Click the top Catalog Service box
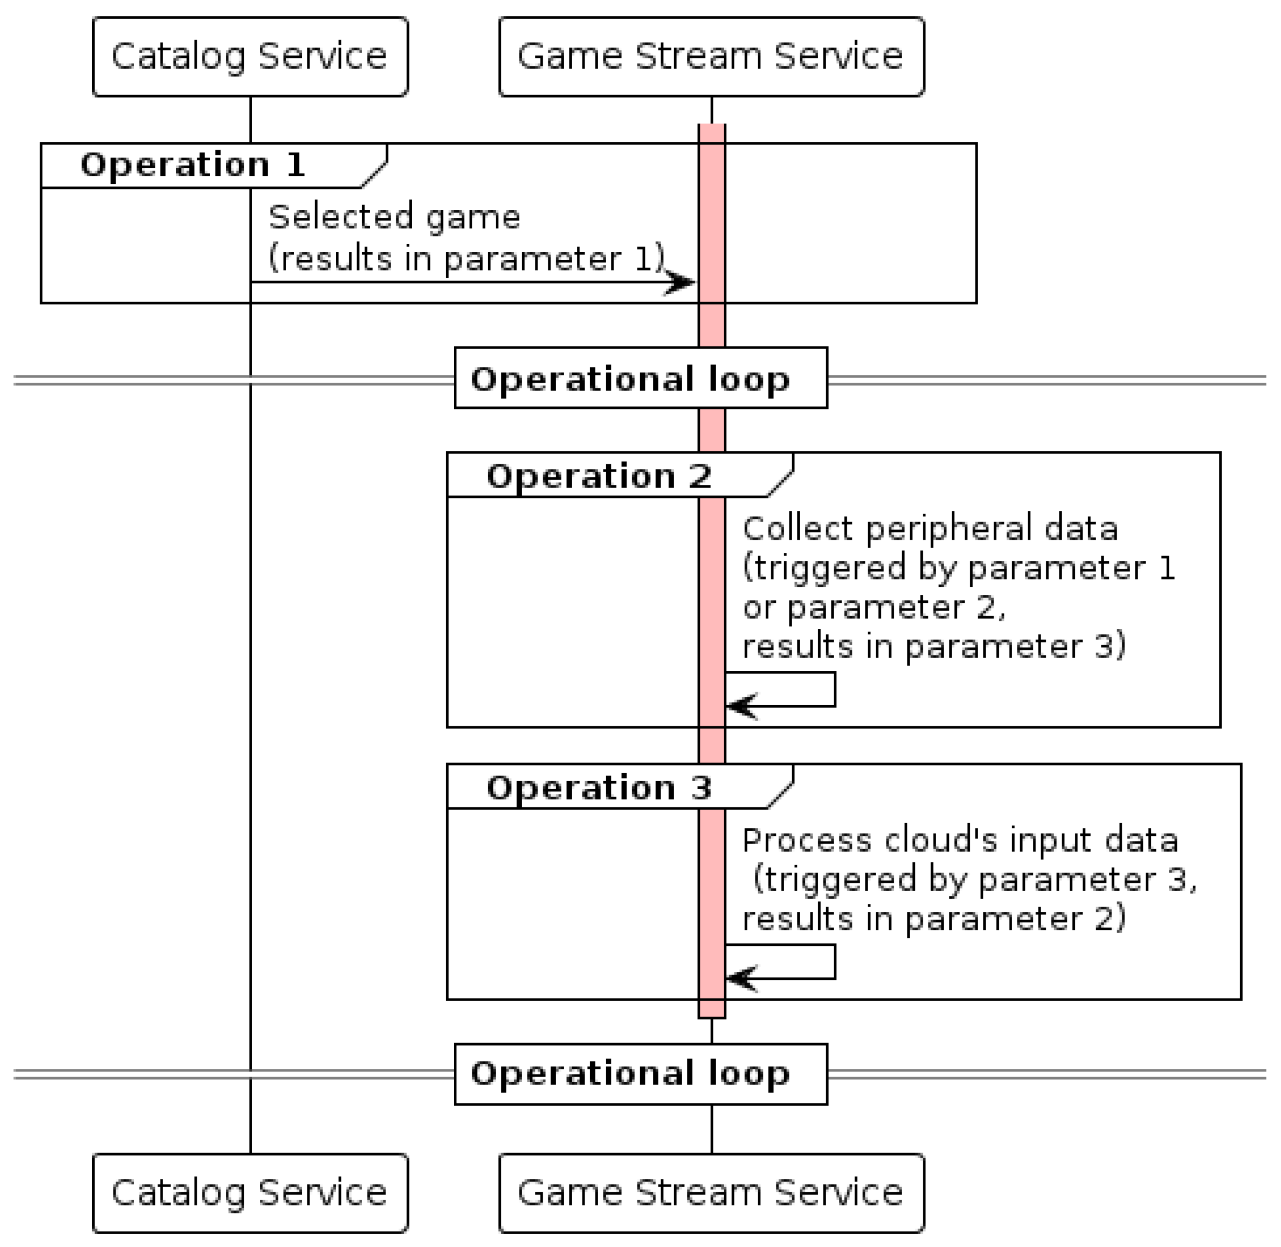click(250, 57)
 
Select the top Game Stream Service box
click(711, 57)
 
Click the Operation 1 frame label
click(193, 165)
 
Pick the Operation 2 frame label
click(599, 476)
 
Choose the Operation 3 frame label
click(599, 788)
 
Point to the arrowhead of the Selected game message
click(681, 283)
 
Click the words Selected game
click(395, 217)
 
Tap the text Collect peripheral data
click(930, 529)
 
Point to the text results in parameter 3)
click(934, 647)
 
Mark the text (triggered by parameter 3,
click(975, 879)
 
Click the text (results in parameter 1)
click(467, 259)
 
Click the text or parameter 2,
click(874, 608)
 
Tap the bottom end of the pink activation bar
click(711, 1015)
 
